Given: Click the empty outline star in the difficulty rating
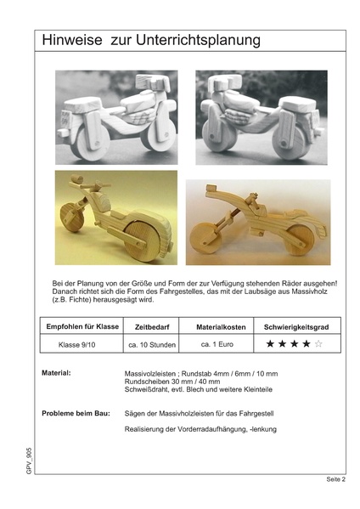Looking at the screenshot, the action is (x=318, y=344).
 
